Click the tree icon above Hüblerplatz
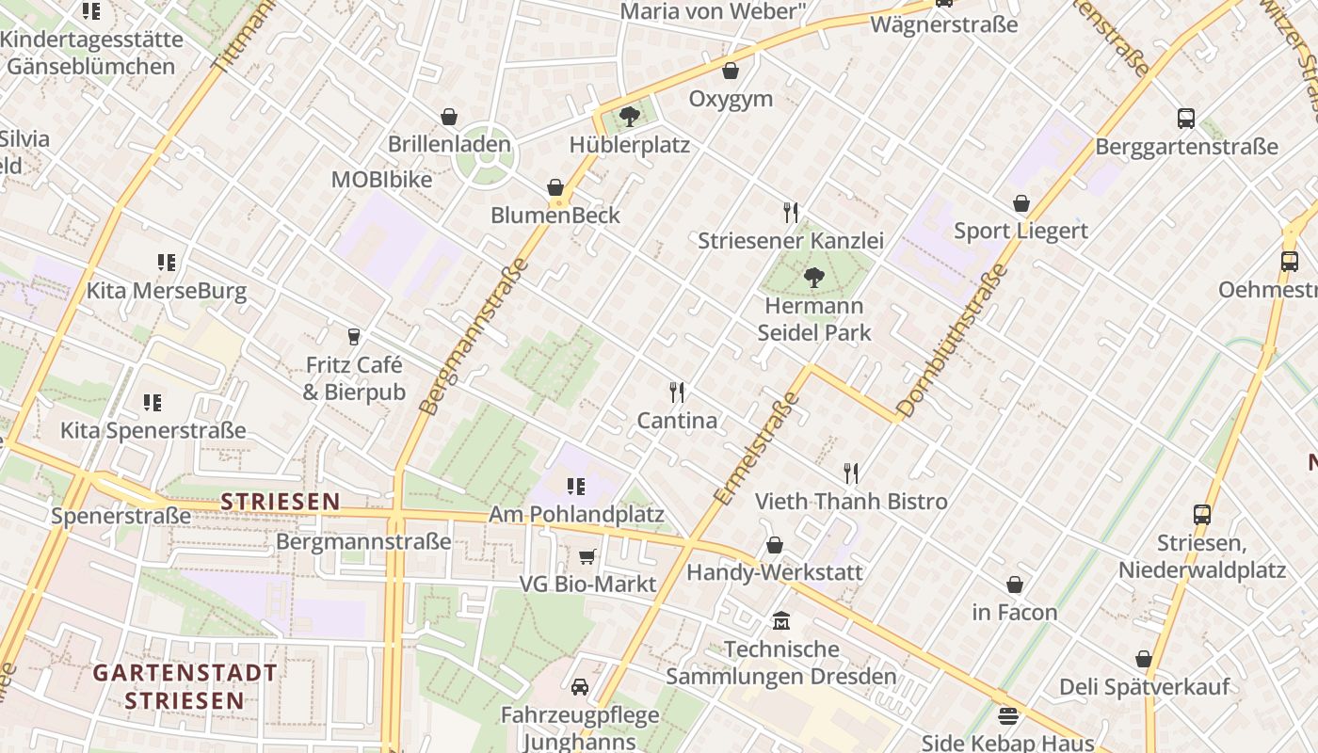[630, 117]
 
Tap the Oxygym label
[731, 99]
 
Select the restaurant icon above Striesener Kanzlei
[791, 213]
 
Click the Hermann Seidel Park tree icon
[813, 278]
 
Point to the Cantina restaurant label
[677, 421]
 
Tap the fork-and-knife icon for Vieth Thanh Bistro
[851, 473]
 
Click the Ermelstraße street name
[757, 448]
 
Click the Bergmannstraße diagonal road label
[473, 337]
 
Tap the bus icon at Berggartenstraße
[1186, 119]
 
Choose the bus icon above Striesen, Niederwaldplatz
[1202, 514]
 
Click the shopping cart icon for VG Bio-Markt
[587, 557]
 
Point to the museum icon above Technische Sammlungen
[781, 621]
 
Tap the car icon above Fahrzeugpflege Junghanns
[580, 687]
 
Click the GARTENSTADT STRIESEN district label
[185, 686]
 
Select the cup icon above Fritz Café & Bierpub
[354, 337]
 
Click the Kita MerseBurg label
[167, 291]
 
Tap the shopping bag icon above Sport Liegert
[1021, 203]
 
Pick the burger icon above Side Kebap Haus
[1008, 715]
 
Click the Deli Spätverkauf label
[1144, 686]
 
